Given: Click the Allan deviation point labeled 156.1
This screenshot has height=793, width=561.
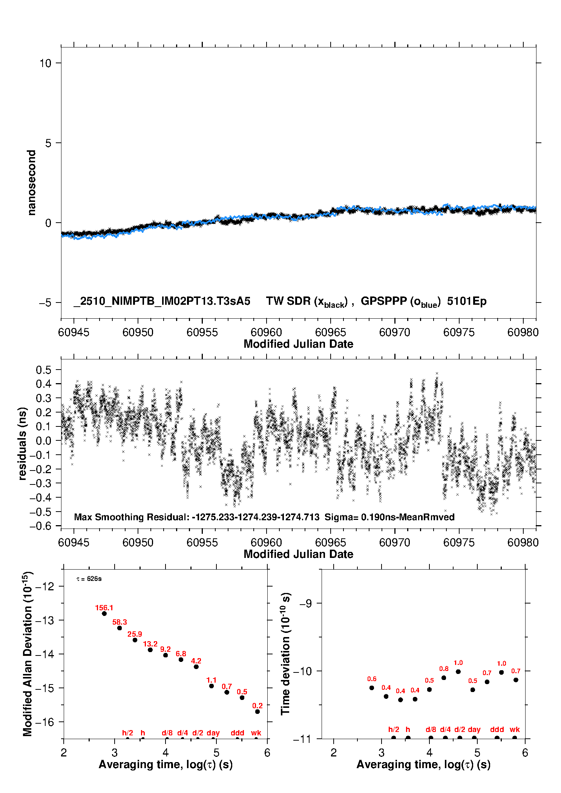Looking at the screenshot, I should point(104,614).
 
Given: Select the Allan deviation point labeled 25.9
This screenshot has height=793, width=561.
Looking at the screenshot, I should point(135,640).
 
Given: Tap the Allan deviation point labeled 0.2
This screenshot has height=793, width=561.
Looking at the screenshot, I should point(258,712).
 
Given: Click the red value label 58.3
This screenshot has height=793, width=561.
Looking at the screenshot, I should point(120,622).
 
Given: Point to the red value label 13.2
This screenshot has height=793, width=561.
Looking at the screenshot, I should point(150,644).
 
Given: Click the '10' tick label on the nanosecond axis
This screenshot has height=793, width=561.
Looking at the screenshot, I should point(45,63).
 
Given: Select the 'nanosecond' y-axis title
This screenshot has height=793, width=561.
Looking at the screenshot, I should point(31,183).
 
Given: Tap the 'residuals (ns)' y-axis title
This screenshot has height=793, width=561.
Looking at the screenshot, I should point(23,443).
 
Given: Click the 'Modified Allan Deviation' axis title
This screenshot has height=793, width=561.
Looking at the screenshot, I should point(27,654).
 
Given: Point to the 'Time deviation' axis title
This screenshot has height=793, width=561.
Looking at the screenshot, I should point(285,654).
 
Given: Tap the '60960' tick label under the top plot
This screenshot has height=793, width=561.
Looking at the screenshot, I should point(266,332).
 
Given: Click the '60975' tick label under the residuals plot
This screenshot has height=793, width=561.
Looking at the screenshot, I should point(459,542).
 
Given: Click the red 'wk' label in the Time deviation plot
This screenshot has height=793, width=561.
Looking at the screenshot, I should point(515,730).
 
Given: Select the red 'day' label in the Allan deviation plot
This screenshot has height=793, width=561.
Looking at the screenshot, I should point(213,733).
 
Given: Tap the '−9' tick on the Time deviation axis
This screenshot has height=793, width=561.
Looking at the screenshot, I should point(306,604).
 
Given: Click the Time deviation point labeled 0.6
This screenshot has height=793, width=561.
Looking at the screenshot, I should point(372,688).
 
